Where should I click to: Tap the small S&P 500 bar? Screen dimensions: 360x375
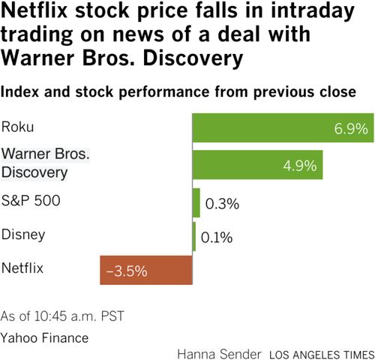(x=196, y=202)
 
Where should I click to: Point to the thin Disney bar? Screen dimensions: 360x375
(x=194, y=237)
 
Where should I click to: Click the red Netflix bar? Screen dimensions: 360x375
(x=146, y=270)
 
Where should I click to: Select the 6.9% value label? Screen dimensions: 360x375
(x=351, y=129)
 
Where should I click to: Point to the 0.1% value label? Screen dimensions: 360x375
(x=217, y=238)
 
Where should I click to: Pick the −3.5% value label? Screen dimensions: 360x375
(x=125, y=271)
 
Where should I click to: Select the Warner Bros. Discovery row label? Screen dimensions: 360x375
(x=45, y=163)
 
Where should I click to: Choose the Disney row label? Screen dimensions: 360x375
(x=23, y=234)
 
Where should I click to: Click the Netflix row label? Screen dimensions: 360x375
(x=23, y=267)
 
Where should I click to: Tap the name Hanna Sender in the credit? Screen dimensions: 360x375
(x=220, y=352)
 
